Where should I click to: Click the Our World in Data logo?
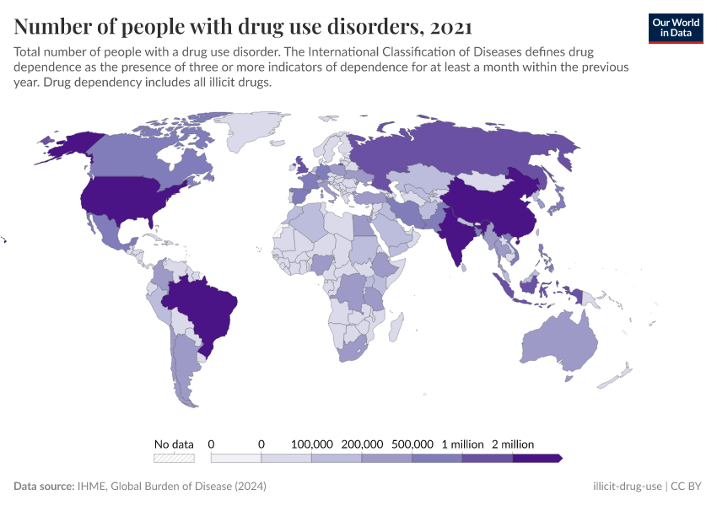point(676,28)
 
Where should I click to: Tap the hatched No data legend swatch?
point(174,458)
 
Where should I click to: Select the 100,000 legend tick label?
point(312,444)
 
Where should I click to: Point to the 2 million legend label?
point(513,444)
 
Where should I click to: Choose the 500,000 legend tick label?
point(412,444)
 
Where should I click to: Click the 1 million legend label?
point(462,444)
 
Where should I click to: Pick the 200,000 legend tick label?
point(362,444)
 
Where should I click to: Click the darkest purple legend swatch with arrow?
point(536,458)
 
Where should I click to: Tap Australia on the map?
point(558,342)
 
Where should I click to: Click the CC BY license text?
point(687,487)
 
